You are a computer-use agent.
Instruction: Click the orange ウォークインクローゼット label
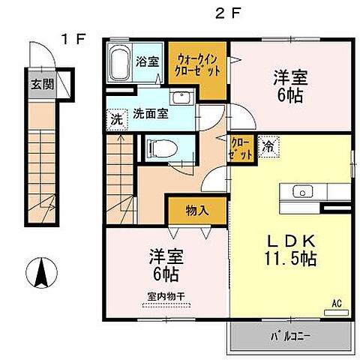[x=198, y=65]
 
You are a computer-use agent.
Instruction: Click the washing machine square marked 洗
[x=116, y=118]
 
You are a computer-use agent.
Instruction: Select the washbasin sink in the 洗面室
[x=180, y=98]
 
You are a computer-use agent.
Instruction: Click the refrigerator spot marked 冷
[x=267, y=146]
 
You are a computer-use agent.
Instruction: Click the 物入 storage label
[x=196, y=211]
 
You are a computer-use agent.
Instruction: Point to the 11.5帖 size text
[x=289, y=259]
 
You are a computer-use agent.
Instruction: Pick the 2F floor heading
[x=229, y=13]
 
